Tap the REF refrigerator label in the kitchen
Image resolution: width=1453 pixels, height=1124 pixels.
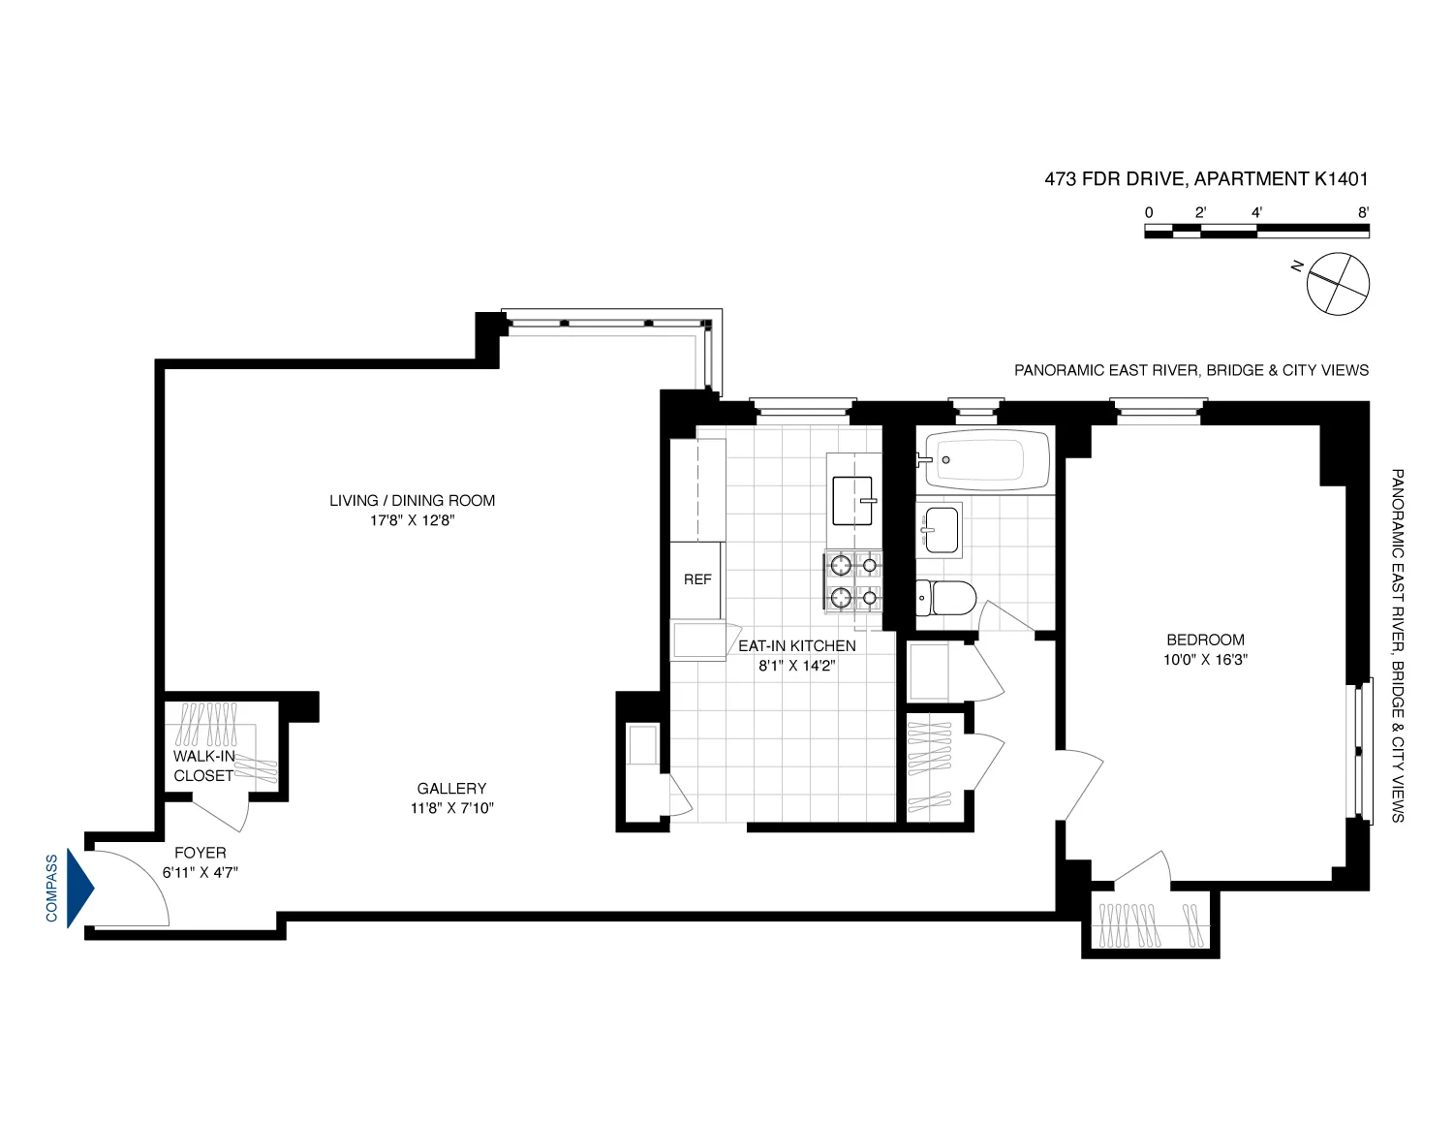point(697,579)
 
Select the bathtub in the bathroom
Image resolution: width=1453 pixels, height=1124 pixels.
point(985,460)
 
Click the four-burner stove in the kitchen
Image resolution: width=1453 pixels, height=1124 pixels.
point(853,581)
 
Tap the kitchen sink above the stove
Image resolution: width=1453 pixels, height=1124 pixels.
point(852,500)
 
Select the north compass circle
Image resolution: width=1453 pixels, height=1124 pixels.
point(1339,284)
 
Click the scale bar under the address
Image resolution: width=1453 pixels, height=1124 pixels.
point(1256,231)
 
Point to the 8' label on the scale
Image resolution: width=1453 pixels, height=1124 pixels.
point(1363,212)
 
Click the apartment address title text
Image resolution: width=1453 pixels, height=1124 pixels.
point(1206,178)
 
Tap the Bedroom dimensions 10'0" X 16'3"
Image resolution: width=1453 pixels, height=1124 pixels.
point(1205,660)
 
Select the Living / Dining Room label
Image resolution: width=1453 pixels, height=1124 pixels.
point(412,500)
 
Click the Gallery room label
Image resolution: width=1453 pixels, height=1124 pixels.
point(451,789)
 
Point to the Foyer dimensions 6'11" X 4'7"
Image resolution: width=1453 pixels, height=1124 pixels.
point(201,872)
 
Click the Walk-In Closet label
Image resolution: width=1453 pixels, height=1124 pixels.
point(203,765)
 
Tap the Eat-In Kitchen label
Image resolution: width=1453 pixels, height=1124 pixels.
point(796,645)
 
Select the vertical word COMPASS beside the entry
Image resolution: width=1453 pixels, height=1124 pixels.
point(51,888)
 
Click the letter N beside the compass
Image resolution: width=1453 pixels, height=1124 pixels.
point(1296,265)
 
